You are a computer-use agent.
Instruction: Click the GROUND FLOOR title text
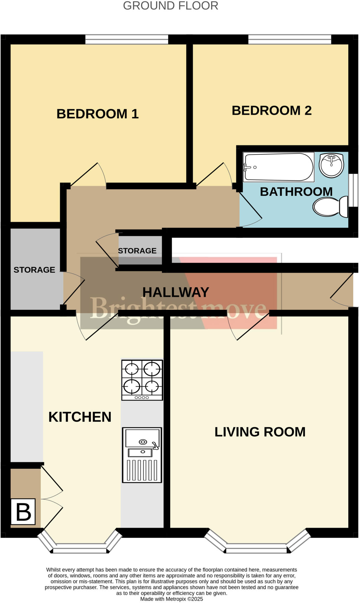point(170,6)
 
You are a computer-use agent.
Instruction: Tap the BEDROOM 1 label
point(97,114)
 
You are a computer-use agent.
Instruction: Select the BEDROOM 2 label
point(271,111)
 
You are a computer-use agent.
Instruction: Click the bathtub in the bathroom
point(278,167)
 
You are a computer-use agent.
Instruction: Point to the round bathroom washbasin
point(331,165)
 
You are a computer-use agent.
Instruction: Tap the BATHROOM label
point(296,192)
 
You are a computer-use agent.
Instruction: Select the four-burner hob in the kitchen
point(142,380)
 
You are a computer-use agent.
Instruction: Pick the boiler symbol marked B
point(23,512)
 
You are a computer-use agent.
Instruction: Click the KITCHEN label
point(80,417)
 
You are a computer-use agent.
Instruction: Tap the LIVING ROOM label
point(260,432)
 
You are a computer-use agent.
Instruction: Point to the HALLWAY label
point(176,292)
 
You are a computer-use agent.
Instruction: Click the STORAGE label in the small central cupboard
point(137,251)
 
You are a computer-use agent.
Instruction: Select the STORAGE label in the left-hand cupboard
point(34,270)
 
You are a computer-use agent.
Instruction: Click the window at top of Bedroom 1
point(127,39)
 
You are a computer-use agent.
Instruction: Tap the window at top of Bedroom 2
point(290,39)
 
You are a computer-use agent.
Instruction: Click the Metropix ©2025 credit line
point(172,599)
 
